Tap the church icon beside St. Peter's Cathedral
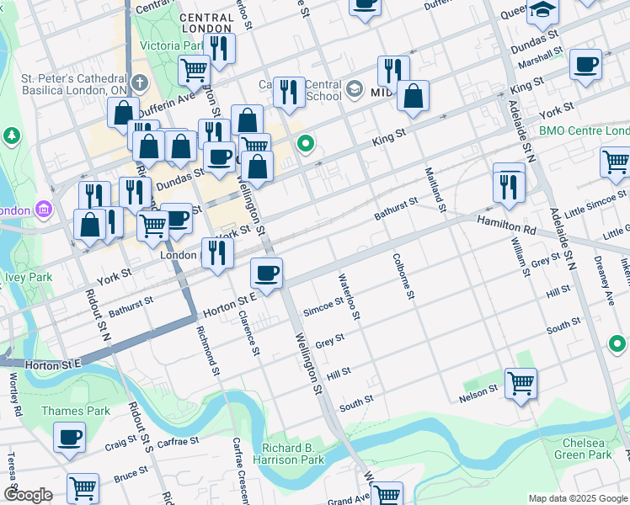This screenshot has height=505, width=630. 140,84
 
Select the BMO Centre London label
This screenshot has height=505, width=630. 584,131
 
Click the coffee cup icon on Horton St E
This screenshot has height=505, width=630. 266,274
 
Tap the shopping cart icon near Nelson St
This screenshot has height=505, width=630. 521,384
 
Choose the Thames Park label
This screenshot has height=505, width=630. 76,412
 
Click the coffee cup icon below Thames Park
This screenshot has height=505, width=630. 69,438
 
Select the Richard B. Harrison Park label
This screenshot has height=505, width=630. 292,454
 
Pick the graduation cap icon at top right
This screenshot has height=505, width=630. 543,11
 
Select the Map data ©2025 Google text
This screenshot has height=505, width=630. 577,498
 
